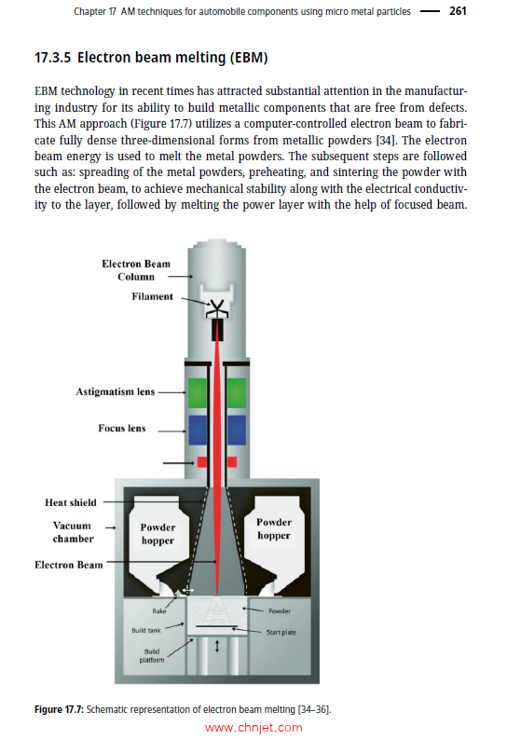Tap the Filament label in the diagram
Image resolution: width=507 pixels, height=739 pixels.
[152, 296]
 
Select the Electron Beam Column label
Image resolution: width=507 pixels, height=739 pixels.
[136, 270]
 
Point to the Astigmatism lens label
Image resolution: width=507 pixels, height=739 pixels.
[116, 392]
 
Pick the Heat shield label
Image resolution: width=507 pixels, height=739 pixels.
[70, 502]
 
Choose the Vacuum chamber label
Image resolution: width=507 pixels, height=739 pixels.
[72, 532]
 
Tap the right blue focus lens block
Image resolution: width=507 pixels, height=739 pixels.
[236, 430]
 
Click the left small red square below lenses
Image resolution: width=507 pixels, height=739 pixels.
[202, 462]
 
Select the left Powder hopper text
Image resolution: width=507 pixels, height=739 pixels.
[158, 533]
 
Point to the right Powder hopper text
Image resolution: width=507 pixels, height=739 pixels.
[273, 528]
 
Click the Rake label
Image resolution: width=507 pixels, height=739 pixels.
[158, 611]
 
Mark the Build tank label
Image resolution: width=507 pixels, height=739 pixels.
[146, 631]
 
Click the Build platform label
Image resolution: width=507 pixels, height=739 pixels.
[152, 655]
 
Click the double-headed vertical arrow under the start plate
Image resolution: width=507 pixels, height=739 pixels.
[217, 647]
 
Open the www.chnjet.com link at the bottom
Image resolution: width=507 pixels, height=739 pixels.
[253, 728]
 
